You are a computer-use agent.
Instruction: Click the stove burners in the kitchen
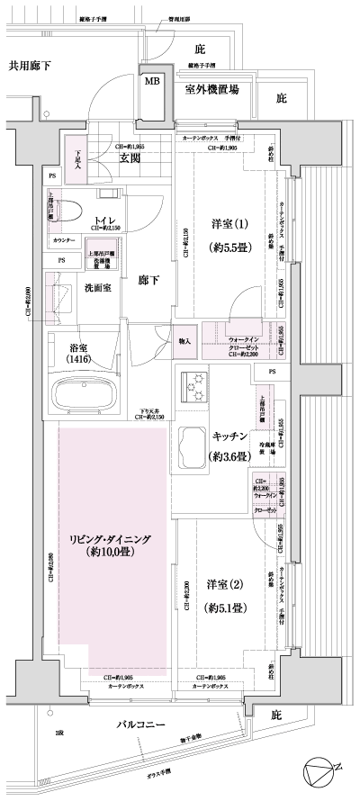click(194, 386)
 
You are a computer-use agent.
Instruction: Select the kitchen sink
click(192, 444)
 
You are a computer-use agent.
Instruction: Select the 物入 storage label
click(184, 341)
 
